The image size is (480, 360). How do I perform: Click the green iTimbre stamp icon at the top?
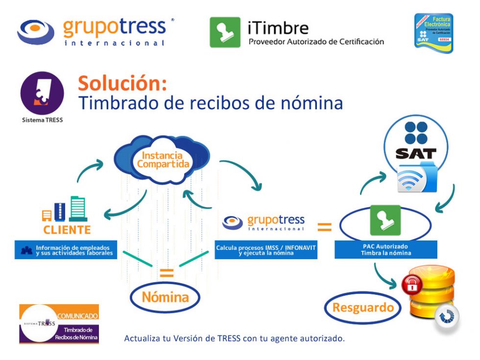(x=225, y=32)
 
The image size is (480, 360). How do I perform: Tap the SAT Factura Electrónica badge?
(x=433, y=32)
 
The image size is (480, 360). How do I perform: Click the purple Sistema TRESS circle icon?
(x=42, y=94)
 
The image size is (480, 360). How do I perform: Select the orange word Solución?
(x=122, y=83)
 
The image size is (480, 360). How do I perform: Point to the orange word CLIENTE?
(x=67, y=229)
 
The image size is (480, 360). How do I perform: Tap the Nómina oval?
(x=165, y=297)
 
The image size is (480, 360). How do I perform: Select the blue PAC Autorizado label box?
(x=385, y=250)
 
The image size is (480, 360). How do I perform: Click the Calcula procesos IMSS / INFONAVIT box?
(x=266, y=250)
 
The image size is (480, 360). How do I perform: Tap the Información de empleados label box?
(x=66, y=250)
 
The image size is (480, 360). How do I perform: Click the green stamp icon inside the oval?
(x=385, y=220)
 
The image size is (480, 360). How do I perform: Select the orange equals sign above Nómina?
(x=167, y=273)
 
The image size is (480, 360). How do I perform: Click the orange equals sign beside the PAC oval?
(x=325, y=227)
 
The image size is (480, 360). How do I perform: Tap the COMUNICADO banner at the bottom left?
(x=59, y=324)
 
